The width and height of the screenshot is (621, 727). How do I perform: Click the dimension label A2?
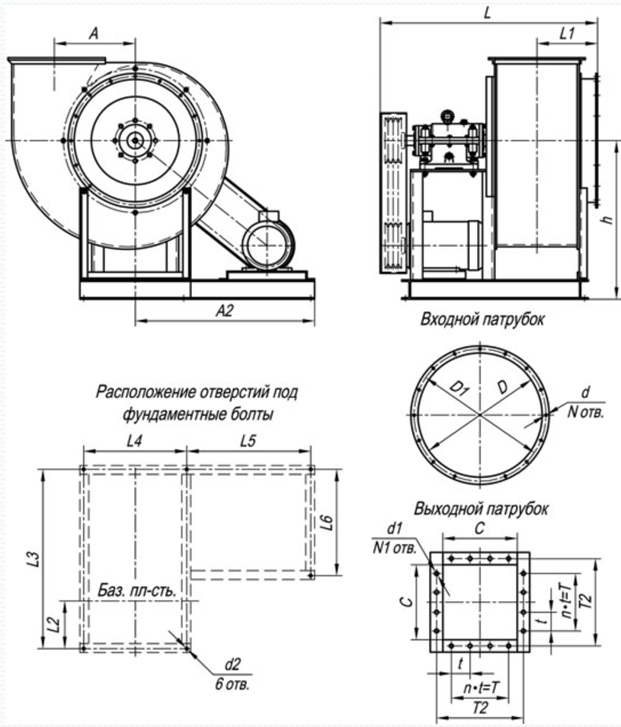pos(225,311)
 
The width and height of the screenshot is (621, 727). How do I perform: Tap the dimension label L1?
pos(567,34)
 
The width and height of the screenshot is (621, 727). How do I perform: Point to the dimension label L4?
pos(134,441)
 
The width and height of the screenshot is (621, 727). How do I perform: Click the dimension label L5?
pos(248,441)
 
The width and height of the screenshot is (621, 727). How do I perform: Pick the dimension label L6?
pos(327,522)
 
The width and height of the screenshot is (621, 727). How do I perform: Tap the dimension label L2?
pos(55,625)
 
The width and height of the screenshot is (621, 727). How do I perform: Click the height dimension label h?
pos(607,219)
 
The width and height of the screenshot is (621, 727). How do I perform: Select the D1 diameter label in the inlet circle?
pos(459,388)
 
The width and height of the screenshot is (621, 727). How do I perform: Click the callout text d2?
pos(232,665)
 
